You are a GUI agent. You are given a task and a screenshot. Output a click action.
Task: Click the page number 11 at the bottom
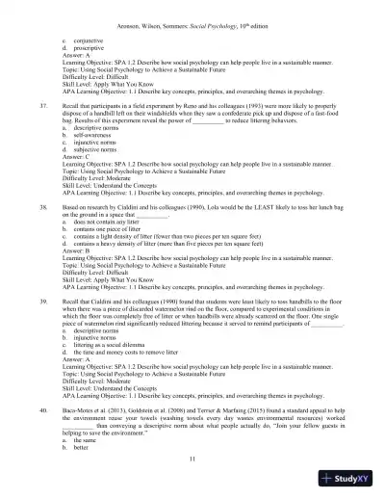click(193, 465)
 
